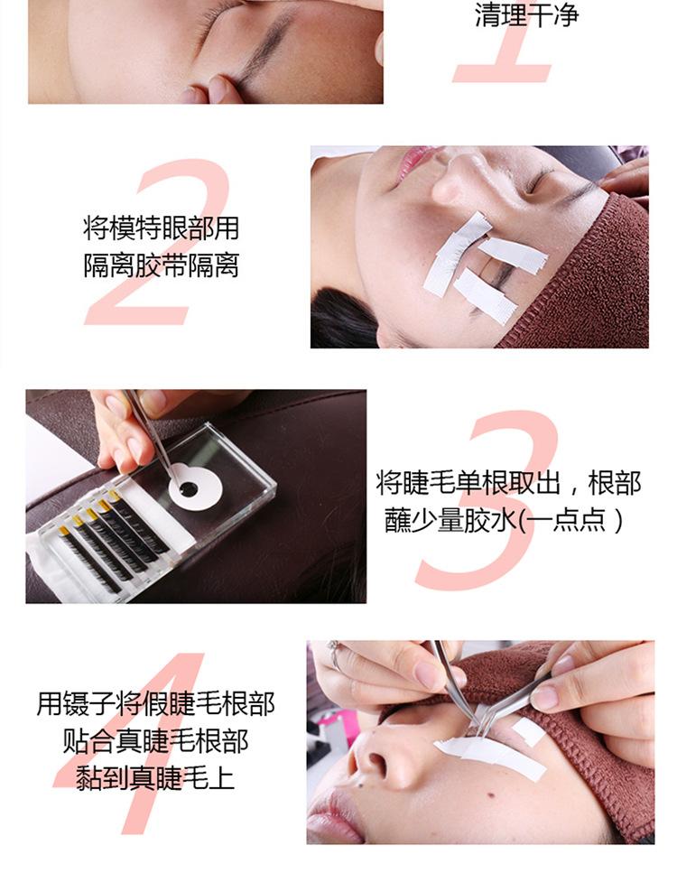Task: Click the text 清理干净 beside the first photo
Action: click(526, 14)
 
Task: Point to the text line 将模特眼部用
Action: click(161, 228)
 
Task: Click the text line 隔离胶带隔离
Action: click(161, 265)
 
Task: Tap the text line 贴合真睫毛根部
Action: click(155, 741)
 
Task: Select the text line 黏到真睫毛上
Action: click(155, 777)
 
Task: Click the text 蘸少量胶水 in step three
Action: click(451, 521)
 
